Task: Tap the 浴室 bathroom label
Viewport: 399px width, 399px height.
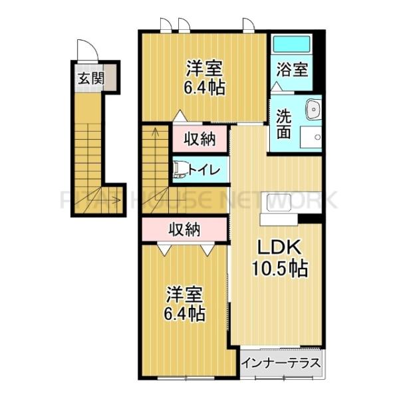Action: (x=293, y=68)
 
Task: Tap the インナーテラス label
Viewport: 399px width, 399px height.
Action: (x=281, y=364)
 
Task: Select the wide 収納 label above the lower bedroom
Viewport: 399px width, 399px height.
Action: (x=184, y=229)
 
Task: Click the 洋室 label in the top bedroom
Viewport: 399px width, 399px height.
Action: (x=204, y=68)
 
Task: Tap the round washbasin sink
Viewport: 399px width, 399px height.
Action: (x=311, y=110)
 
